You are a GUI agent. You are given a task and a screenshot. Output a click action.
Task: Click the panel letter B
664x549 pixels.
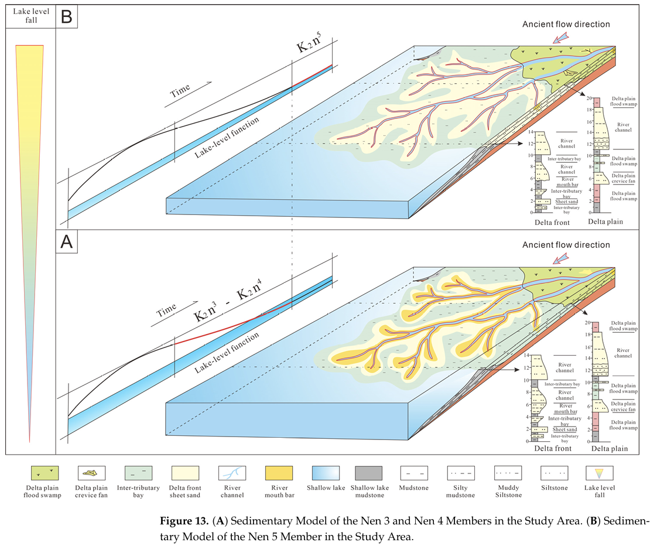point(66,16)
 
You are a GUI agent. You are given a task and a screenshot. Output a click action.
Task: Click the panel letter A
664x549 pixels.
point(67,242)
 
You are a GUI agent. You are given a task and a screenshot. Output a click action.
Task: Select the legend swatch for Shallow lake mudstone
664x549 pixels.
point(368,473)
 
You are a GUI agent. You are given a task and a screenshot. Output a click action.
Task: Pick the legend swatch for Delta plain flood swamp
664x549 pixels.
point(45,473)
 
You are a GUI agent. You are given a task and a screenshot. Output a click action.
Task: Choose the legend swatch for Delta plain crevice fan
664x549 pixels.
point(92,473)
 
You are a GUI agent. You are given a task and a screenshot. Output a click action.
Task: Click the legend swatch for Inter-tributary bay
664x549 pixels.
point(138,473)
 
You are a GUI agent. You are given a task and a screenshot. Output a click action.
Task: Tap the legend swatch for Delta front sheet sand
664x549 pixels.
point(185,473)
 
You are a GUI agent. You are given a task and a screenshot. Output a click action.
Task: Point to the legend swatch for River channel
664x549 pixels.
point(231,473)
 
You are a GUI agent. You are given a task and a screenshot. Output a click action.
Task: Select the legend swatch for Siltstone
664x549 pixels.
point(553,473)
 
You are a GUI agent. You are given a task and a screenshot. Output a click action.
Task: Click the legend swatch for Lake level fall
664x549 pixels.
point(600,473)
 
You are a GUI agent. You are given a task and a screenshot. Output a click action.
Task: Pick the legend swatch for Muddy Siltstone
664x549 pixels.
point(506,473)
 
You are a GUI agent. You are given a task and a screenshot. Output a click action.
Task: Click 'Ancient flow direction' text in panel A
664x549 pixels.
point(566,245)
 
